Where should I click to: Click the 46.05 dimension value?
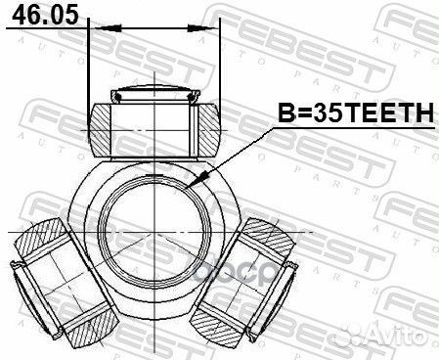(x=45, y=15)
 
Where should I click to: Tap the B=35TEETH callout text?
(x=356, y=112)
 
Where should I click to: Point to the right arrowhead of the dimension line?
(x=203, y=28)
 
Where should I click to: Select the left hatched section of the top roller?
(x=100, y=130)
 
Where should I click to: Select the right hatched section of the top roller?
(x=208, y=130)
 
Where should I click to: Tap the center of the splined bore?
(x=155, y=232)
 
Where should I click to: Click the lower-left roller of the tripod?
(x=64, y=281)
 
